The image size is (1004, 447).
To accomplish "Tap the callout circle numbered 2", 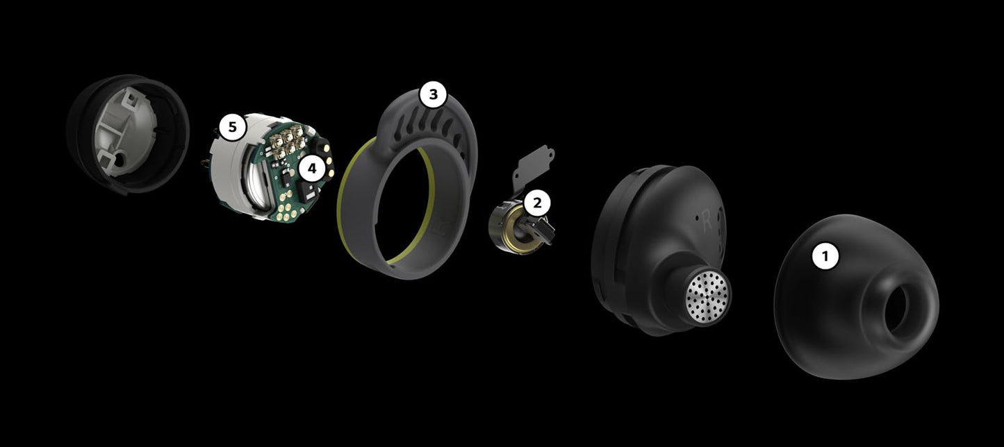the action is [x=537, y=203].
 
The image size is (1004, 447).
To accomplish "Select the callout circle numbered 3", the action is [x=433, y=94].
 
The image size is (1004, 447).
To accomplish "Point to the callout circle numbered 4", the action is [x=312, y=169].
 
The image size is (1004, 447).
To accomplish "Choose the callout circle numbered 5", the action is [x=232, y=127].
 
